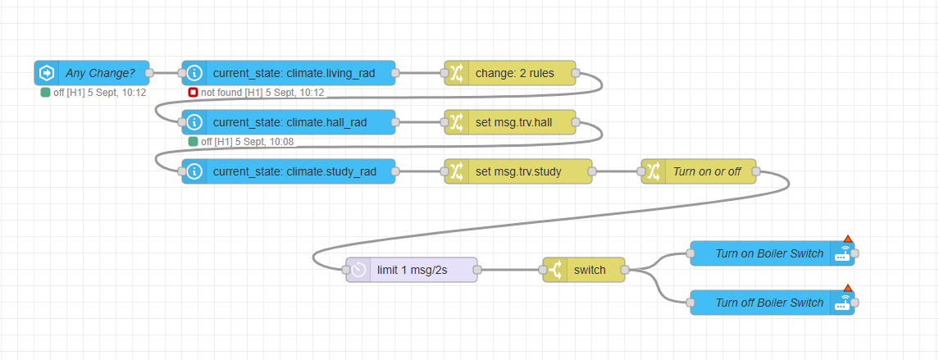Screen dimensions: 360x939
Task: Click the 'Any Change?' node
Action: (98, 73)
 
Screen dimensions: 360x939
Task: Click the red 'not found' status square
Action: (193, 93)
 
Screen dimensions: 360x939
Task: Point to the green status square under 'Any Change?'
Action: (45, 93)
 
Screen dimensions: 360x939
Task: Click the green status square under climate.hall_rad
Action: (193, 142)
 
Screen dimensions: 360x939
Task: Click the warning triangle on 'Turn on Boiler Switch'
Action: (848, 239)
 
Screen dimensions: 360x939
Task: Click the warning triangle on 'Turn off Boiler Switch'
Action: (848, 289)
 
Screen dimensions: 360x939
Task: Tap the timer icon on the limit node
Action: (358, 270)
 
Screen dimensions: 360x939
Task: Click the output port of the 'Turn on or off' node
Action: (756, 171)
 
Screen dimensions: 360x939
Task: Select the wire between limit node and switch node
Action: (509, 270)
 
